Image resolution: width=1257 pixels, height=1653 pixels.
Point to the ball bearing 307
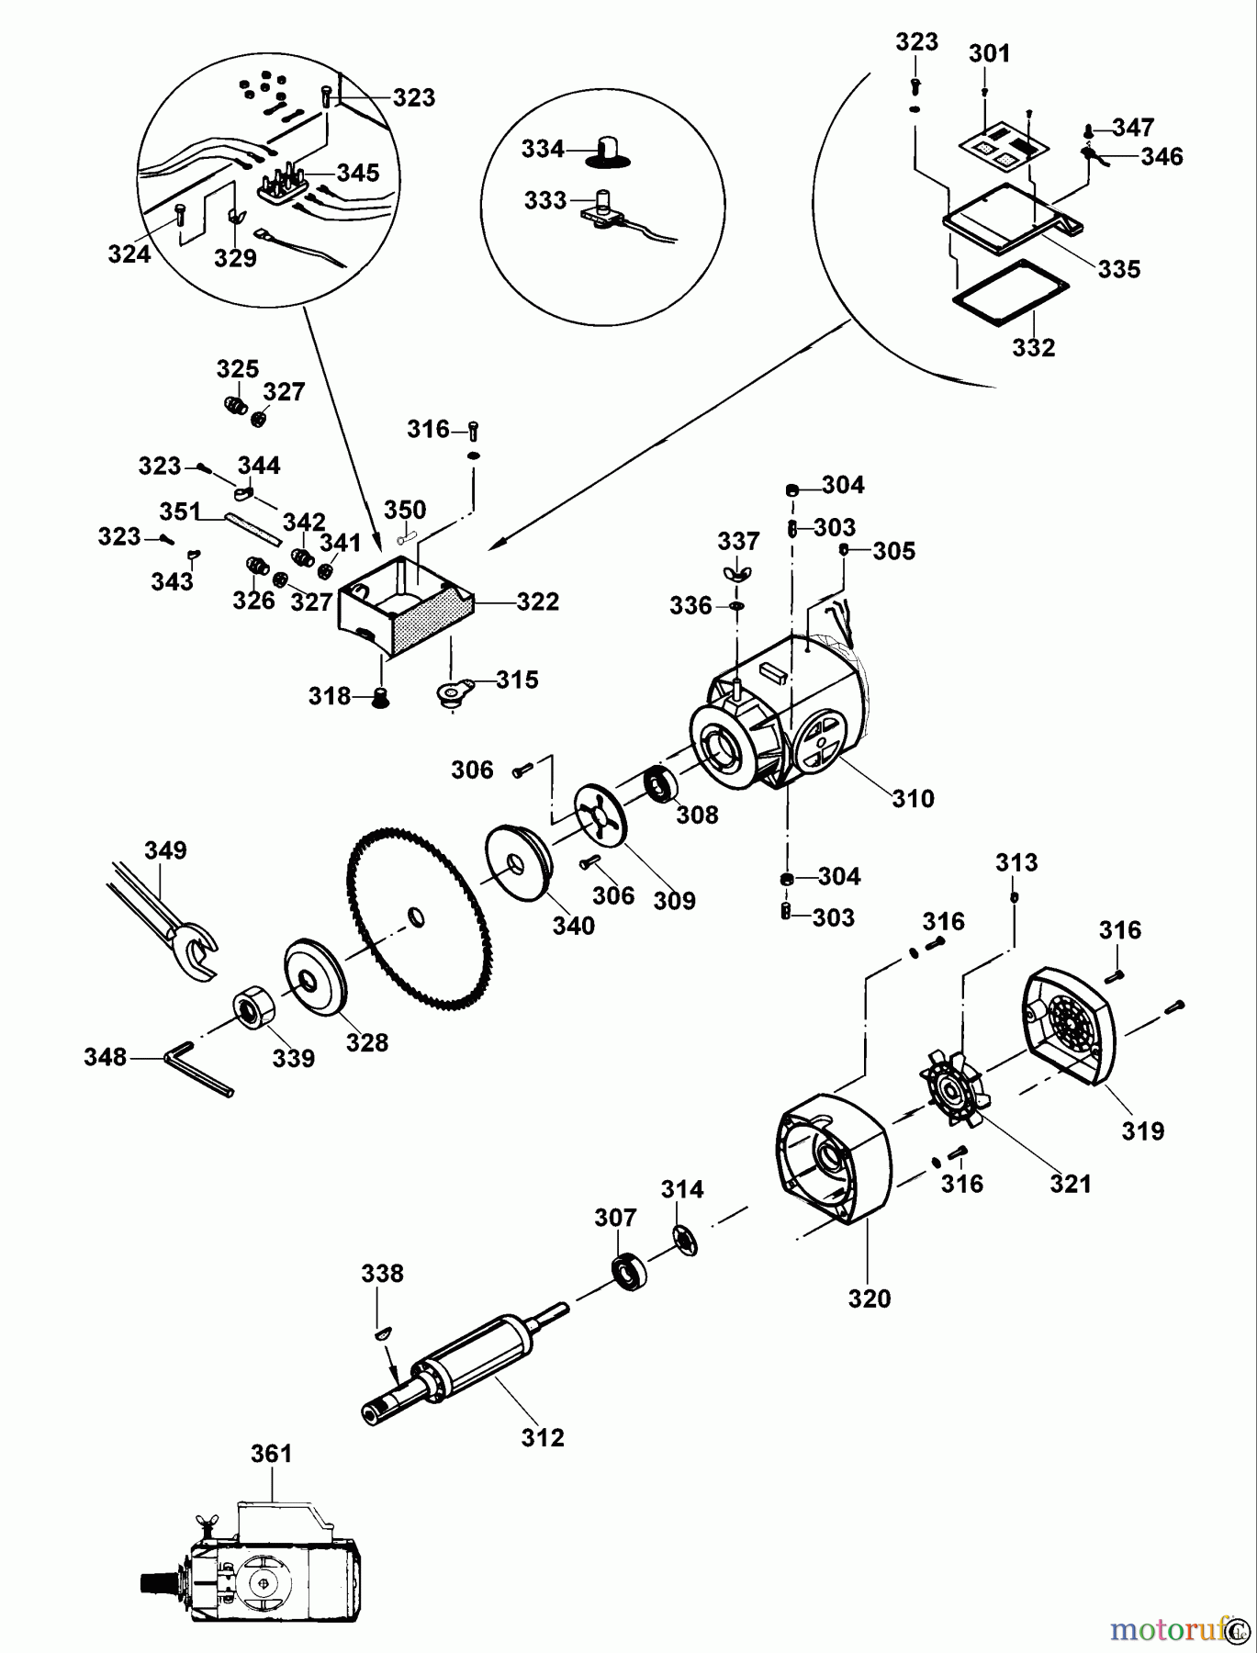tap(629, 1272)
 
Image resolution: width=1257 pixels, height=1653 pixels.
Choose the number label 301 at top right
tap(988, 54)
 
